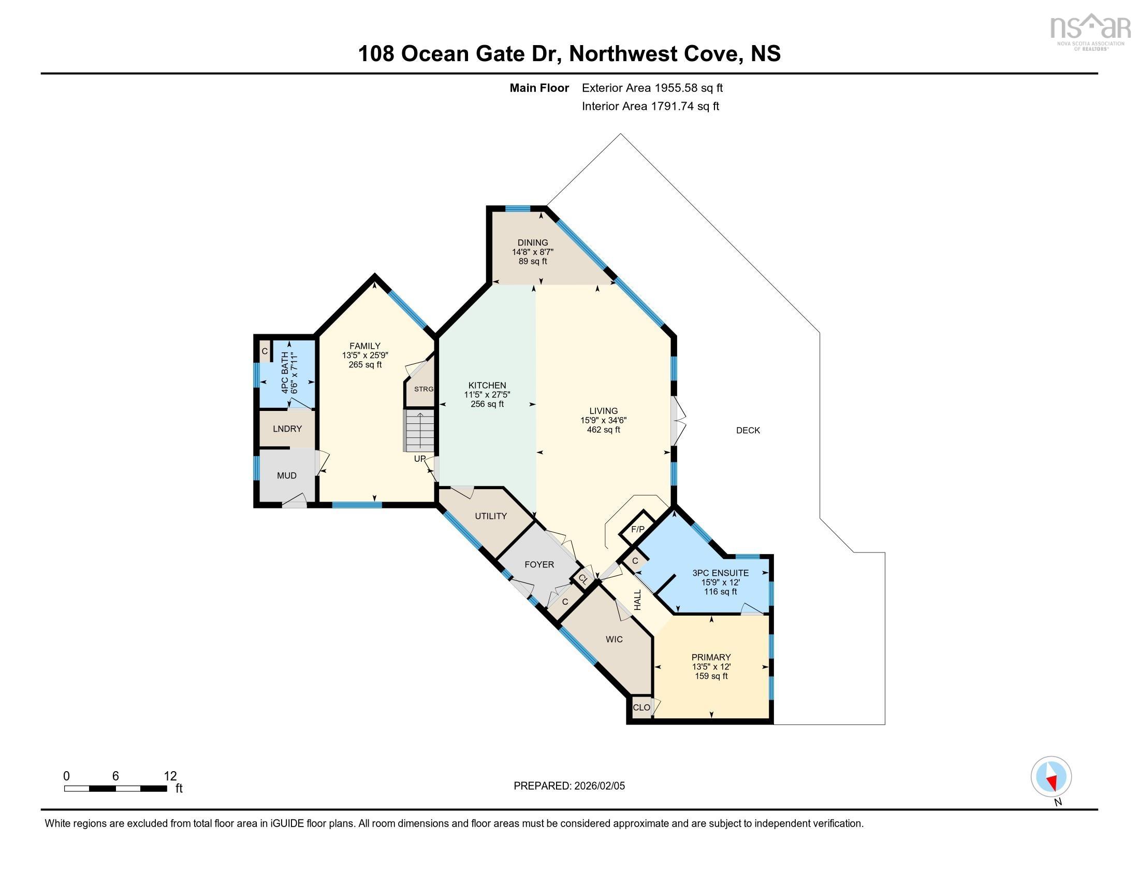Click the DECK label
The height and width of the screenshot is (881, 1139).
tap(748, 430)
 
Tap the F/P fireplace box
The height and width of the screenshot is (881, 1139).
tap(637, 529)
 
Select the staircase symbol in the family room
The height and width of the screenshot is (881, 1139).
tap(420, 431)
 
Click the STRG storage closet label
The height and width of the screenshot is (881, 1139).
tap(424, 389)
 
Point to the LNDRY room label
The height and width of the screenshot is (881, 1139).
tap(287, 429)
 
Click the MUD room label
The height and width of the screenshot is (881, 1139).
tap(287, 475)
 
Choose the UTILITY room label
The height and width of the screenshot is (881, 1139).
tap(491, 516)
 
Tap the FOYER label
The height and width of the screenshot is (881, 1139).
tap(539, 564)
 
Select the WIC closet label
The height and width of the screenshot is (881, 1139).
tap(615, 639)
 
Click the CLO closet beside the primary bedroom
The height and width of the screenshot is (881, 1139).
tap(641, 707)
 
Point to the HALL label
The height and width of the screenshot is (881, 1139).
tap(638, 600)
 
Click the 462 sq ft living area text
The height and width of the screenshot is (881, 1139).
tap(603, 430)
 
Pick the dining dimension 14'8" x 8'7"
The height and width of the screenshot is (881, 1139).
tap(532, 251)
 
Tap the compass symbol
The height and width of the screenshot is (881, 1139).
tap(1051, 776)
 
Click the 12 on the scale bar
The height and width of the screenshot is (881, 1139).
tap(170, 776)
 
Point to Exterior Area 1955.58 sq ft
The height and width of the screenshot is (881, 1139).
tap(652, 88)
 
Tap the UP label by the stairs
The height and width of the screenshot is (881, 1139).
tap(420, 459)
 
